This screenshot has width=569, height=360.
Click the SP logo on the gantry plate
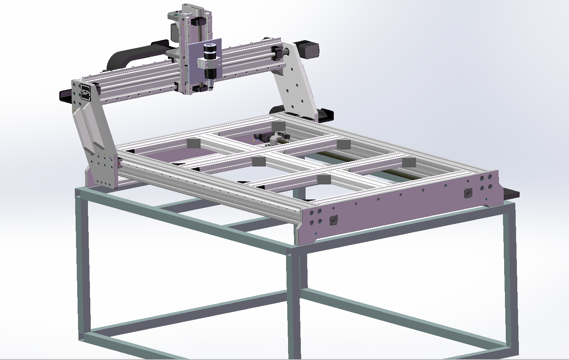[85, 92]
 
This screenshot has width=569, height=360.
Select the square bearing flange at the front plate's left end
[333, 220]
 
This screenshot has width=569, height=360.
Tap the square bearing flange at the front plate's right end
[468, 193]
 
